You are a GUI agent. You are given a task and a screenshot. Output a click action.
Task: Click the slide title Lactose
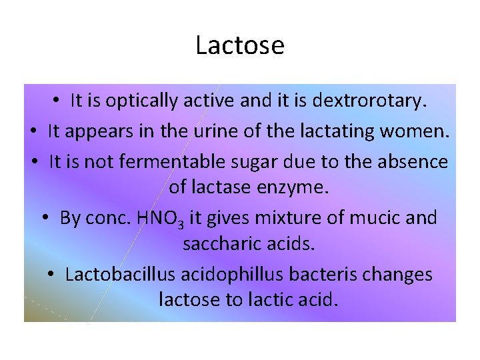(x=240, y=45)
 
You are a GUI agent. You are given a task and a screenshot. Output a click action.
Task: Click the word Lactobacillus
(x=119, y=275)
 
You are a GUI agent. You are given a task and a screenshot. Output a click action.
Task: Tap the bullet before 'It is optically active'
(x=59, y=101)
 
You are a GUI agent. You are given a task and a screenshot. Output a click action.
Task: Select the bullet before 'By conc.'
(x=48, y=218)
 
